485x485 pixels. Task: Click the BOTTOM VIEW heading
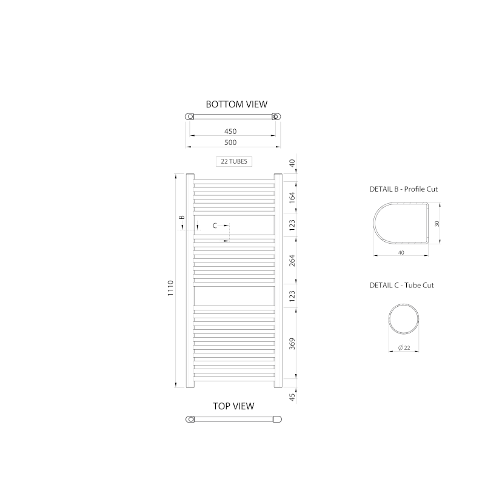coord(236,104)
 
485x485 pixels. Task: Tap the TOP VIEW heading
coord(233,406)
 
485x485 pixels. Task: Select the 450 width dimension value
coord(230,132)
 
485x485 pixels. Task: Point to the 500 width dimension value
coord(230,142)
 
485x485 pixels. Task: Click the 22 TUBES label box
coord(234,161)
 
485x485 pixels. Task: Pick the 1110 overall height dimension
coord(170,288)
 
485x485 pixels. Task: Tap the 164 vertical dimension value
coord(292,198)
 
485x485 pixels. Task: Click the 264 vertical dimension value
coord(292,261)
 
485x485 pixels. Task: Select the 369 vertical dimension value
coord(292,344)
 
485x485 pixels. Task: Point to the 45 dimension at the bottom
coord(292,397)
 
